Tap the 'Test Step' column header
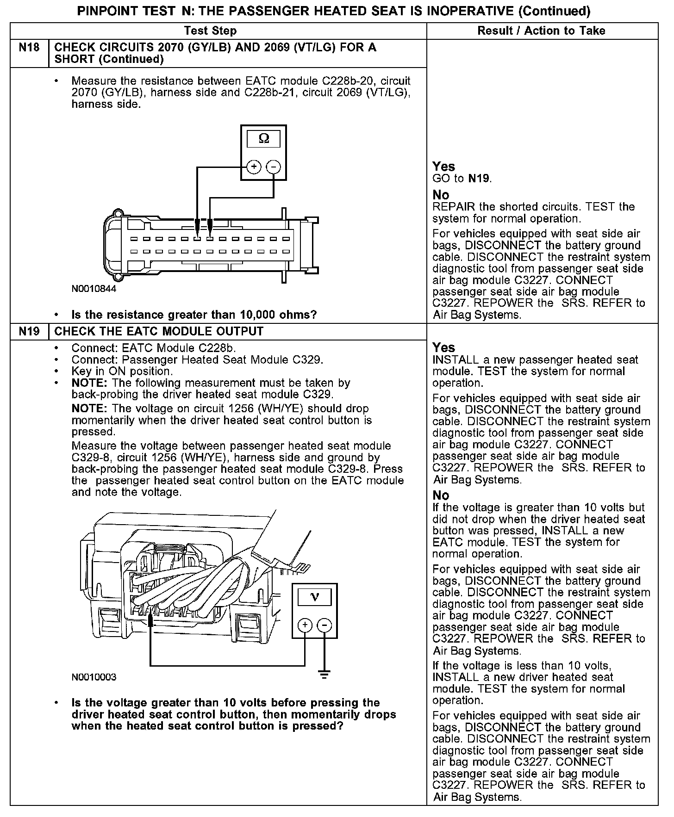[210, 31]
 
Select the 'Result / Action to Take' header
[541, 31]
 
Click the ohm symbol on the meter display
[263, 138]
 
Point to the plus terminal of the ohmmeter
[253, 167]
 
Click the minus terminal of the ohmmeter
[274, 167]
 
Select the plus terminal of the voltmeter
[305, 625]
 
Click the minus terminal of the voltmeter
[325, 625]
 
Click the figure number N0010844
[94, 289]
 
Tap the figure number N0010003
[94, 677]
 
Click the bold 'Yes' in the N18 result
[443, 167]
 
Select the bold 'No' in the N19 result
[441, 495]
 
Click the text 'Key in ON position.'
[122, 371]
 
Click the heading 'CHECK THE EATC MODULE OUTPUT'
[159, 332]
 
